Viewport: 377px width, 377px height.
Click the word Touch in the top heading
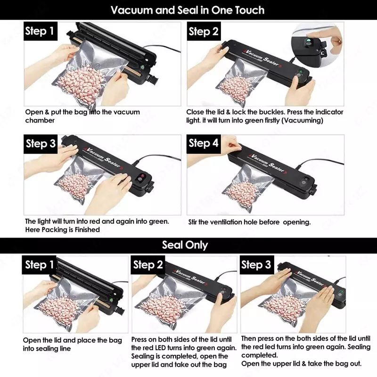tap(249, 10)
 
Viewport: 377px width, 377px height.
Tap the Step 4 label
tap(204, 144)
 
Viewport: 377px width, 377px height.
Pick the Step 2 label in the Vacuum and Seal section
tap(204, 32)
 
